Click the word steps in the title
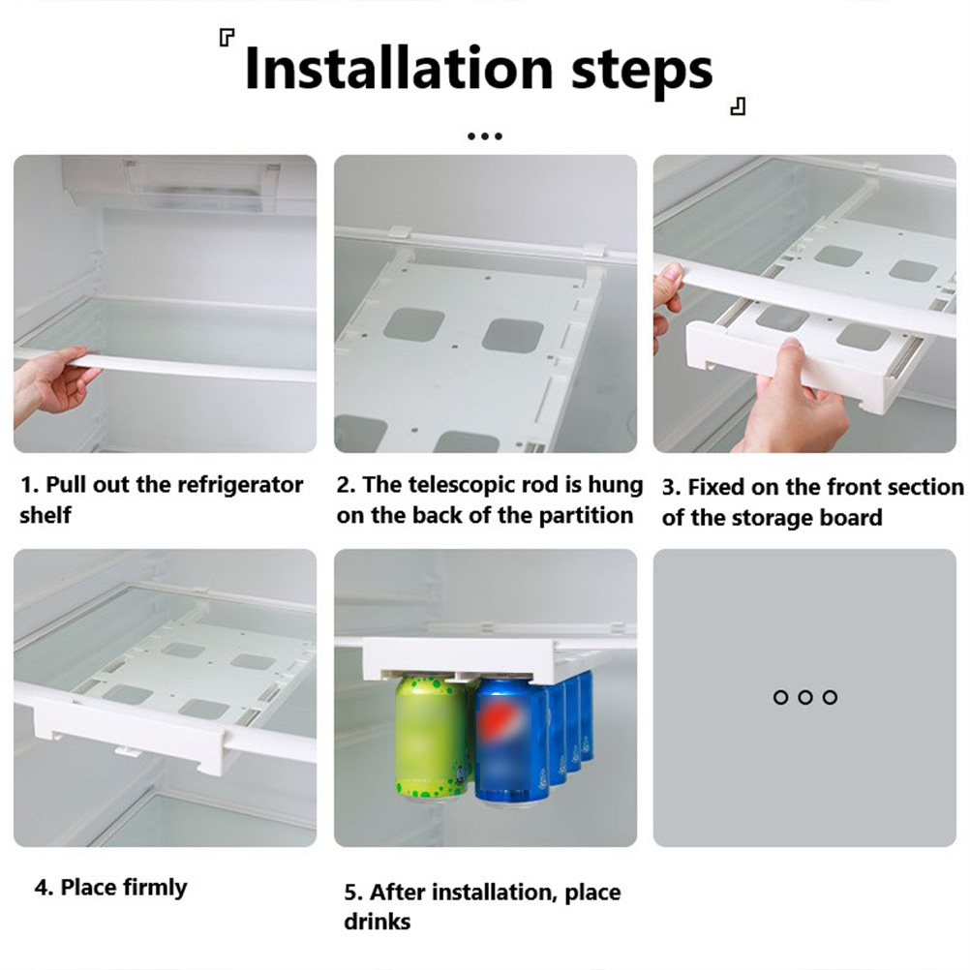[642, 72]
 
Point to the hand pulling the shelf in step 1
[52, 383]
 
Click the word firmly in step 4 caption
[155, 888]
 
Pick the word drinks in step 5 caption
[377, 922]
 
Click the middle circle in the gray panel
[804, 697]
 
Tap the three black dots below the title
[485, 136]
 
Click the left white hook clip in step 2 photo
[401, 237]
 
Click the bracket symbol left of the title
[227, 39]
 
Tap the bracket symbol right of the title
[738, 106]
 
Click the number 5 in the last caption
[350, 894]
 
